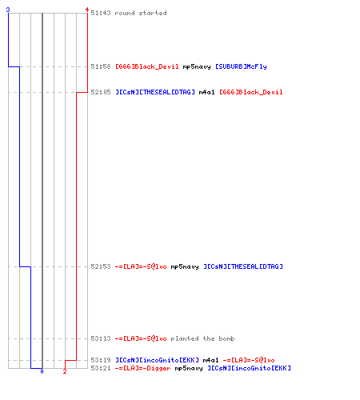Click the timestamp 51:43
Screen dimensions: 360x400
pyautogui.click(x=101, y=13)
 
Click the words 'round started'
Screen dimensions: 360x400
pyautogui.click(x=141, y=13)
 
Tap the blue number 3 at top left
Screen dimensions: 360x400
pyautogui.click(x=8, y=10)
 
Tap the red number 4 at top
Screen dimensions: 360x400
pyautogui.click(x=87, y=10)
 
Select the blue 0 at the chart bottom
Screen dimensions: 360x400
pyautogui.click(x=42, y=371)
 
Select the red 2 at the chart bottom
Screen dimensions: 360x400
pyautogui.click(x=65, y=371)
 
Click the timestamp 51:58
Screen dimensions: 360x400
pyautogui.click(x=101, y=66)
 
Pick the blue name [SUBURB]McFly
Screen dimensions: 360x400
pyautogui.click(x=241, y=66)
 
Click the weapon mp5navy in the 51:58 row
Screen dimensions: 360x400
pyautogui.click(x=197, y=66)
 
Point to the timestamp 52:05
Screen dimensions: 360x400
pyautogui.click(x=101, y=92)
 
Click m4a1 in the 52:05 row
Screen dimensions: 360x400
pyautogui.click(x=206, y=92)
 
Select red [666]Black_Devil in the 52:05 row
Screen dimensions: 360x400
pyautogui.click(x=251, y=92)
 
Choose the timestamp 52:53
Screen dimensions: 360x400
pyautogui.click(x=101, y=266)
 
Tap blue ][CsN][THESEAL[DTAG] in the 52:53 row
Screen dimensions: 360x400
pyautogui.click(x=243, y=266)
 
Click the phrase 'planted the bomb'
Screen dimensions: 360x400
pyautogui.click(x=202, y=338)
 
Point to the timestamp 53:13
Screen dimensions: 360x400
pyautogui.click(x=101, y=338)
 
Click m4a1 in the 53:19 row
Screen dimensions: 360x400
pyautogui.click(x=210, y=360)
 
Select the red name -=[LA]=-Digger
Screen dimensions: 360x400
pyautogui.click(x=142, y=368)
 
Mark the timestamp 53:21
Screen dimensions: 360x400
pyautogui.click(x=101, y=368)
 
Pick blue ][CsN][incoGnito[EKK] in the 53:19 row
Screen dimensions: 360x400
pyautogui.click(x=157, y=360)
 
